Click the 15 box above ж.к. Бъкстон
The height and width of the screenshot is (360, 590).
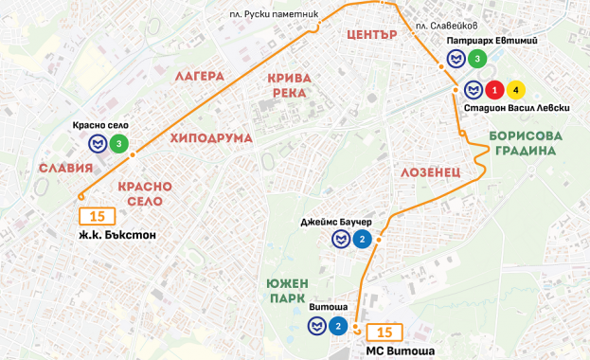97,217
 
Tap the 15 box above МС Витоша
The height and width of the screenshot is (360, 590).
384,333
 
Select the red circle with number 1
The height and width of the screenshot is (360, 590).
493,90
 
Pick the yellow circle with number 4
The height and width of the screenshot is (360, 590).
515,90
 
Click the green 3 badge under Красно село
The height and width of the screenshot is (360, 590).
118,144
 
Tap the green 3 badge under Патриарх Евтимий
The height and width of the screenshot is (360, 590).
477,60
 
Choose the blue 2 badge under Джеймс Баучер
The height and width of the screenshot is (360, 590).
362,239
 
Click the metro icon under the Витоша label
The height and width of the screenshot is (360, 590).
316,326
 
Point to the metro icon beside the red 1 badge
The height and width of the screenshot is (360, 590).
472,90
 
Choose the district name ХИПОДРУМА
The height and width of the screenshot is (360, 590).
211,138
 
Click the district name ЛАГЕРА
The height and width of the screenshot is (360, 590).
198,76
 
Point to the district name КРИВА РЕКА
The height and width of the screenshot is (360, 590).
288,84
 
